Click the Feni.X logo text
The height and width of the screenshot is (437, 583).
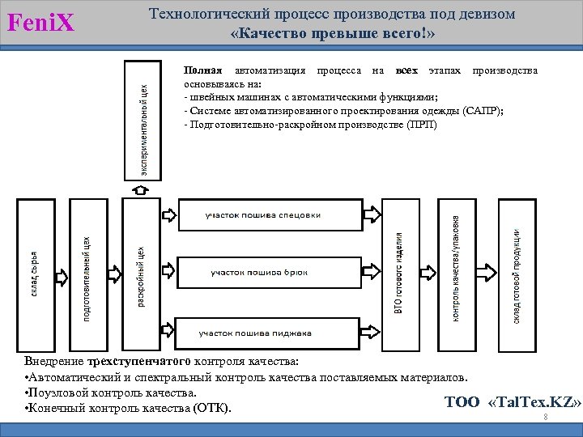click(x=40, y=23)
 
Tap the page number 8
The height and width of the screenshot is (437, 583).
click(x=547, y=417)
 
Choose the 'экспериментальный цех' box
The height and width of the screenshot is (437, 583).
click(x=140, y=119)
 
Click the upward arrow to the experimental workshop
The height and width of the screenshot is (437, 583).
click(x=139, y=189)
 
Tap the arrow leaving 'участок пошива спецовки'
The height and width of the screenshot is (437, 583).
click(x=372, y=215)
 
